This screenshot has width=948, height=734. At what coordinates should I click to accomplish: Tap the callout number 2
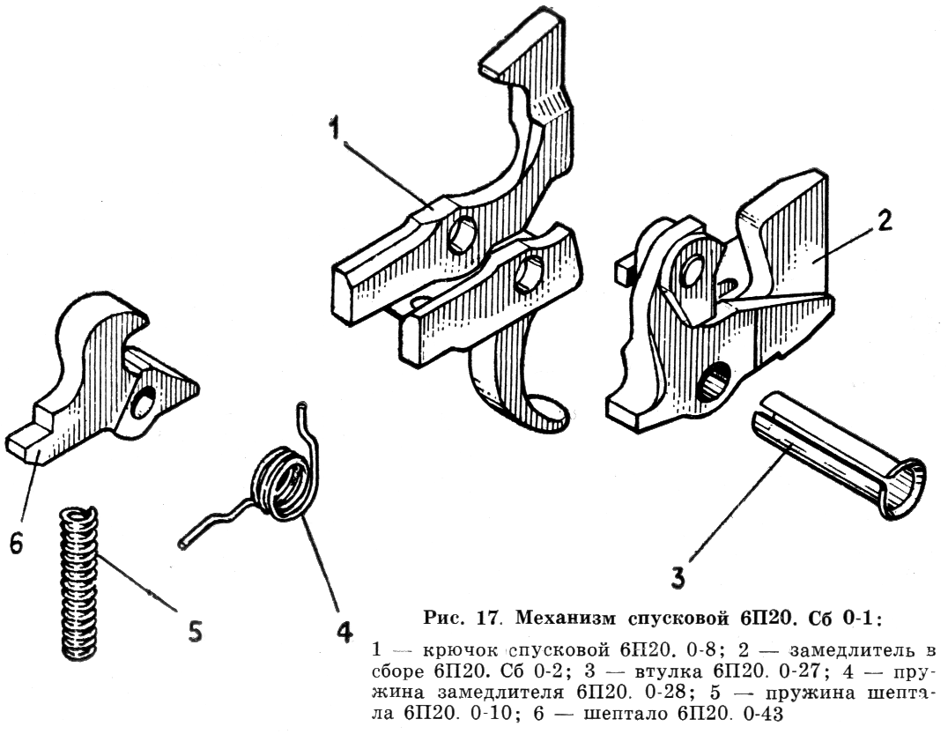pyautogui.click(x=882, y=221)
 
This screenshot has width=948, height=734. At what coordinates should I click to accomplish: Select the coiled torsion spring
pyautogui.click(x=281, y=484)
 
